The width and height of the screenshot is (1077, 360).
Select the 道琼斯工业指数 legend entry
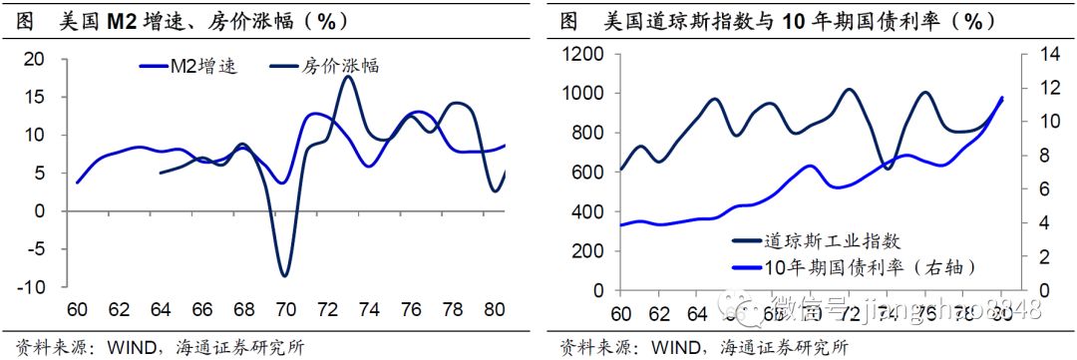818,240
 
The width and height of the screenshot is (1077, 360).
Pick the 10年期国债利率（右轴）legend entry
855,266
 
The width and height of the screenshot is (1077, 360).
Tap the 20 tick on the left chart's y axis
35,59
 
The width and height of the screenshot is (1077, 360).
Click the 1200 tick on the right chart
582,54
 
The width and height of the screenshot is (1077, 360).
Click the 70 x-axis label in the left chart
284,309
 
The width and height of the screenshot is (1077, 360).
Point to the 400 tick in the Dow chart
588,212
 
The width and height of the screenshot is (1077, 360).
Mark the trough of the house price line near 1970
285,275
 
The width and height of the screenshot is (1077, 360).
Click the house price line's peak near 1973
347,77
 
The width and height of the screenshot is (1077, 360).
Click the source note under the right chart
702,346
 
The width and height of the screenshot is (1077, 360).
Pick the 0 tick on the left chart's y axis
40,211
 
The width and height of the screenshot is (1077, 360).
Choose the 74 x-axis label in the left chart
369,309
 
